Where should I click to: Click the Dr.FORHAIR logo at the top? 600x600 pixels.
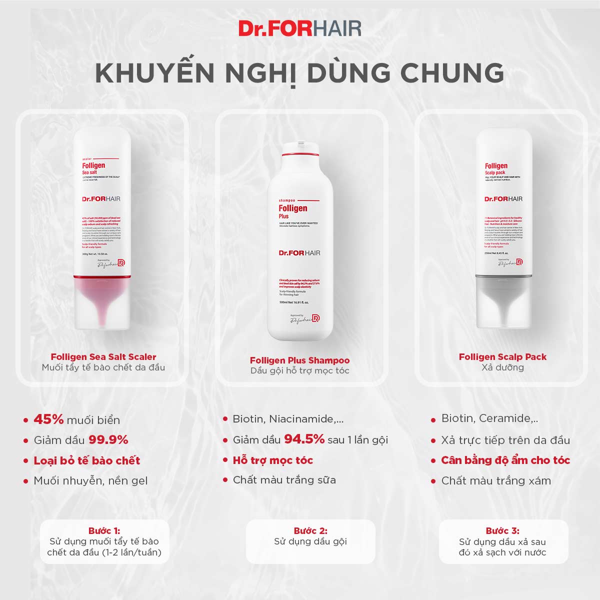pos(299,28)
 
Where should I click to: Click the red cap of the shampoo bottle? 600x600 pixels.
pos(299,147)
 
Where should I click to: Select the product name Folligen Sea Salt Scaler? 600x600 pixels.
pos(103,356)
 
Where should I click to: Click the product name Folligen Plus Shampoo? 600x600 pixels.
pos(299,360)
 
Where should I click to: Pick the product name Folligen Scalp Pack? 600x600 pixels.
pos(502,356)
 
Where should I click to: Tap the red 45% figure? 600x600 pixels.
pos(48,419)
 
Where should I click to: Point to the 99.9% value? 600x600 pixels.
pos(108,440)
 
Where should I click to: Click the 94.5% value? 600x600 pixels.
pos(304,439)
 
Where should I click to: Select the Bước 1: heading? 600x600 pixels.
pos(104,530)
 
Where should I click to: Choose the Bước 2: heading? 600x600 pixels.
pos(310,530)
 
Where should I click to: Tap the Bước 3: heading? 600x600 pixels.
pos(502,530)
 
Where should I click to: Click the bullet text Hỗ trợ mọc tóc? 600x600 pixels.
pos(273,460)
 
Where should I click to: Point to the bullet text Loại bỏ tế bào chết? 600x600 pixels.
pos(87,460)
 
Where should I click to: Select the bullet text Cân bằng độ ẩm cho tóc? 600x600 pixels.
pos(505,460)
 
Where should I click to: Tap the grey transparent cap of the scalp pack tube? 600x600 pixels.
pos(502,302)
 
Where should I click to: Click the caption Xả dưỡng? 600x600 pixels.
pos(502,367)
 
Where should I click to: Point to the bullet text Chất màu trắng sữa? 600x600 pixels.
pos(284,480)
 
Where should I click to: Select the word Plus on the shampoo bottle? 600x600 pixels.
pos(284,216)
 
